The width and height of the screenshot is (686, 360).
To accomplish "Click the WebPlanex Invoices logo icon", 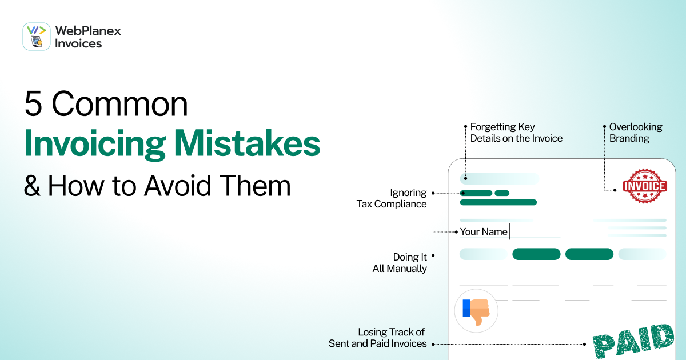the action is [37, 37].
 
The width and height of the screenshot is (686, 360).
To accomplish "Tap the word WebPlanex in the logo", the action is [88, 31].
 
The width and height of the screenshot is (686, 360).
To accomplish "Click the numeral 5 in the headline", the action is [33, 104].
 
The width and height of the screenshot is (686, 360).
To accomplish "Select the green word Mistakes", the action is [247, 143].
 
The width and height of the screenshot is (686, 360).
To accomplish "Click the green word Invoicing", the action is [95, 145].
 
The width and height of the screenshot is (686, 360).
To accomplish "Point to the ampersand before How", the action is [32, 186].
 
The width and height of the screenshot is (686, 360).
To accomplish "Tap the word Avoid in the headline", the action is [178, 186].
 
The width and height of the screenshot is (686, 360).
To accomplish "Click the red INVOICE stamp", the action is [645, 186].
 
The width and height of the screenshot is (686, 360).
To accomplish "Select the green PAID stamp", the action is [634, 342].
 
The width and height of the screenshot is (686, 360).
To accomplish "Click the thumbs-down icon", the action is [476, 311].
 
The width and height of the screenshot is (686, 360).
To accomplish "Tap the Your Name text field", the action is [510, 232].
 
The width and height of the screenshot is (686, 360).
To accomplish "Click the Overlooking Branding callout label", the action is [636, 133].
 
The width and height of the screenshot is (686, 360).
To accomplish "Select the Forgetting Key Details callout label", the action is [516, 133].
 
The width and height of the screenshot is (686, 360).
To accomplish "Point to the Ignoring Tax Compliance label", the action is [392, 198].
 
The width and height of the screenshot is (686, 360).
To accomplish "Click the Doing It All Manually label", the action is [400, 263].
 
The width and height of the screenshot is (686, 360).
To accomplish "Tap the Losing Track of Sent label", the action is [378, 338].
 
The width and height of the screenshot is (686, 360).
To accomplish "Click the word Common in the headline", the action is [119, 104].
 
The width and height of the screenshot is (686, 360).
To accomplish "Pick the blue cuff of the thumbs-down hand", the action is [466, 308].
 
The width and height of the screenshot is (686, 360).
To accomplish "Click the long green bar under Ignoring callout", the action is [498, 202].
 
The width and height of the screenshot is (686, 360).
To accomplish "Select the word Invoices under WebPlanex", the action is [78, 43].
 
